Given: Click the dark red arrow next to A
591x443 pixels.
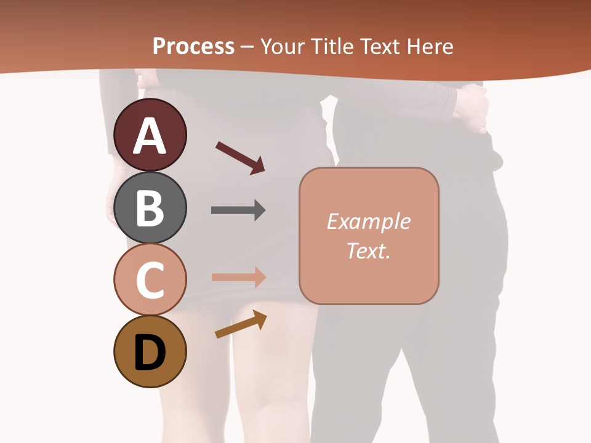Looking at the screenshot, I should coord(240,158).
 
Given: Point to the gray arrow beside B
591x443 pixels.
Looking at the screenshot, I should coord(238,210).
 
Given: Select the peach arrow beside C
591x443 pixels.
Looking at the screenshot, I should coord(238,277).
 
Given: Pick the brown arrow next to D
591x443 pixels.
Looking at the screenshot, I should coord(241,324).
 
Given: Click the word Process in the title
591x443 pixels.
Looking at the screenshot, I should coord(193,47).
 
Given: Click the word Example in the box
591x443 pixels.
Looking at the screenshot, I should coord(368,221).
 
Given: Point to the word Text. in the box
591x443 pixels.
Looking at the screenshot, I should coord(368,250).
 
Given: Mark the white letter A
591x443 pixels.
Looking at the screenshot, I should coord(150,136).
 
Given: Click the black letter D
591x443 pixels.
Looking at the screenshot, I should coord(150,353).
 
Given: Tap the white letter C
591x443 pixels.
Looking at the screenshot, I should coord(150,280).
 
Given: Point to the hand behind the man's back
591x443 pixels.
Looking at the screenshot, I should coord(472,108).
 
